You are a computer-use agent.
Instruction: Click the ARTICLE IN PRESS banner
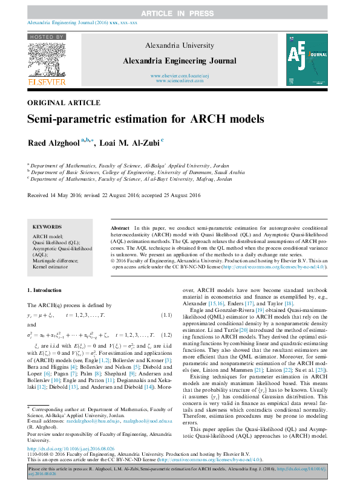[x=180, y=12]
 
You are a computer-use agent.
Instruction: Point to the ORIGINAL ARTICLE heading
[x=56, y=103]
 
